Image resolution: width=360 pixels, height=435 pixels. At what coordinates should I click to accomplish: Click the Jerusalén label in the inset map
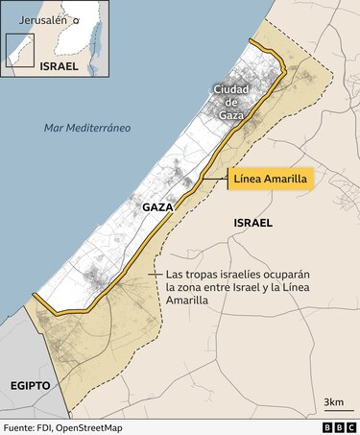coord(39,18)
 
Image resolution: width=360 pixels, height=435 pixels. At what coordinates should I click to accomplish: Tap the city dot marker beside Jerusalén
coord(77,19)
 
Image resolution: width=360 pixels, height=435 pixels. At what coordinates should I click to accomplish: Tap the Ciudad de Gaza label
coord(230,102)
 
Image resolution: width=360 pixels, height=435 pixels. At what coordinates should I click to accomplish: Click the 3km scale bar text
coord(334,400)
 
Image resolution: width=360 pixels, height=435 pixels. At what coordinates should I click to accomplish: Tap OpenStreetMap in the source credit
coord(101,426)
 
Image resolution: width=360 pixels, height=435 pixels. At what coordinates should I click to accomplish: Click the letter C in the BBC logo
coord(350,426)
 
